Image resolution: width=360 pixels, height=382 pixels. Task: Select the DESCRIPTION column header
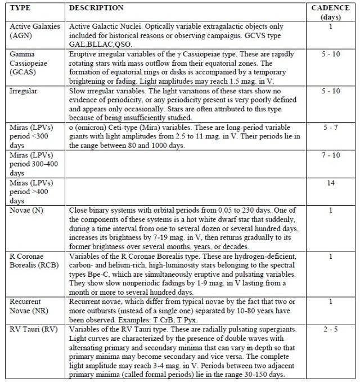[96, 8]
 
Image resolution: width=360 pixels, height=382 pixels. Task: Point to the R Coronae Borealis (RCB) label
[33, 260]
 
